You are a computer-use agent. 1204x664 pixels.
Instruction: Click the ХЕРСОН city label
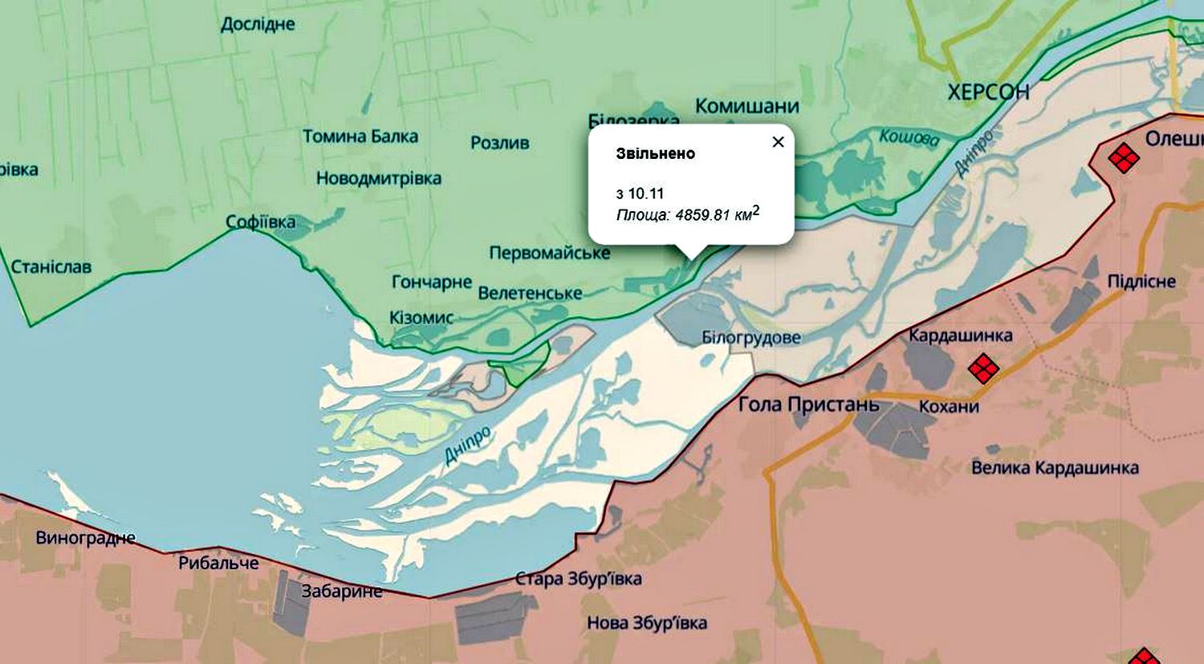988,92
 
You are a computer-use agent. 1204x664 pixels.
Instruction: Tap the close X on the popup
777,142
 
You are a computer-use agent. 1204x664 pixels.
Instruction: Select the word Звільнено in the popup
655,153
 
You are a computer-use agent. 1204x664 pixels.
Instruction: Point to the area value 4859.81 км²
714,214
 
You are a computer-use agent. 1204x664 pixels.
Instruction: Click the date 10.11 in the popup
645,193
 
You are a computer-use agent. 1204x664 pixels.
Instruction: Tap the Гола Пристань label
808,404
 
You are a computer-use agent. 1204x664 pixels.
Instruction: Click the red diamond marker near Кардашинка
983,369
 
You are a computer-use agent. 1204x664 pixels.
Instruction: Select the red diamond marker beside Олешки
1123,157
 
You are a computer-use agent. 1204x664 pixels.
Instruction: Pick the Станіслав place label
51,267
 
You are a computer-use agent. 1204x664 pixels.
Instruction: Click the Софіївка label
260,222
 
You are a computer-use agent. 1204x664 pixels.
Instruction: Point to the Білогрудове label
750,337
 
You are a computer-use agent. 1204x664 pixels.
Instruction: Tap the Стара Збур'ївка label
578,579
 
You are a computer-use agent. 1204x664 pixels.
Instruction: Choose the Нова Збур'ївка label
647,623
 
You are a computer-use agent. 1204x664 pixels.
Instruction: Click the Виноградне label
86,538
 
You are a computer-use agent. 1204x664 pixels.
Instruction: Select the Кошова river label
909,137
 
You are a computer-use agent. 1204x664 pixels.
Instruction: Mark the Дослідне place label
258,24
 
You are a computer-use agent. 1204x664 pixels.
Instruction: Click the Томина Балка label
360,136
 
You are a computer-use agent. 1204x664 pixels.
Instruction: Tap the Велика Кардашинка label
1055,467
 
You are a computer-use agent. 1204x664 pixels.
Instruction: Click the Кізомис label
421,318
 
